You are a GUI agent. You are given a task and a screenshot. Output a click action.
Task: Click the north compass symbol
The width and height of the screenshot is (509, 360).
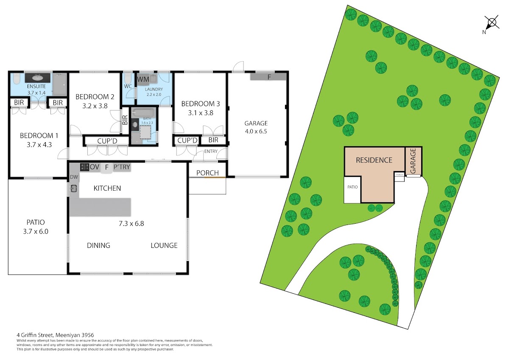pos(492,23)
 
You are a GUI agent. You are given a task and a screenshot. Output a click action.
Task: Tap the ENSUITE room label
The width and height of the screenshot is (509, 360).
pos(36,87)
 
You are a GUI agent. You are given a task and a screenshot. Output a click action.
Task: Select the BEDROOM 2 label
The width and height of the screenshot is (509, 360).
pos(95,97)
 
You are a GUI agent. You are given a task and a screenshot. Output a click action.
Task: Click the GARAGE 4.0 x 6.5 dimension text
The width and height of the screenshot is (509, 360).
pos(256,132)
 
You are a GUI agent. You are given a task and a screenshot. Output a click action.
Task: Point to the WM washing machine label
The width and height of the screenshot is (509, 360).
pos(143,79)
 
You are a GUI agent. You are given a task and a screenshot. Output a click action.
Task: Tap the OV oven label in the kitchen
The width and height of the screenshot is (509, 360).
pos(95,167)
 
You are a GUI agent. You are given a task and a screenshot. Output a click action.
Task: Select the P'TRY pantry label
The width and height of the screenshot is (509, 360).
pos(122,167)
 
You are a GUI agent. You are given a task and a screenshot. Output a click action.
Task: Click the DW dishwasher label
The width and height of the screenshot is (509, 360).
pos(74,177)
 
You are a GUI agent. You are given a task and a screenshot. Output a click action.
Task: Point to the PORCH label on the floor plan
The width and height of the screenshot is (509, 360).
pos(207,173)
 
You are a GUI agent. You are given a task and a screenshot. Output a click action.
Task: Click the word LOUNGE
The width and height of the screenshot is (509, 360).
pos(164,245)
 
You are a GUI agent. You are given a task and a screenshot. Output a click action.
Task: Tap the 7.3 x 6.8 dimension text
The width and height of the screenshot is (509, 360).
pos(131,224)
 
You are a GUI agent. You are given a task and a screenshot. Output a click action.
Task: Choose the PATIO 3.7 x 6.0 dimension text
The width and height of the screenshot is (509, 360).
pos(36,231)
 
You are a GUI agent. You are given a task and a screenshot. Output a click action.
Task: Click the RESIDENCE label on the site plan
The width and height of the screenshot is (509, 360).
pos(374,160)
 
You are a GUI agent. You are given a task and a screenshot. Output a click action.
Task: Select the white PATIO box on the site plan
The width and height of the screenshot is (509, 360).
pos(352,190)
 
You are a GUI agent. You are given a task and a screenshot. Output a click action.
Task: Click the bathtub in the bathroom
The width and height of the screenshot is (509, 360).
pos(144,113)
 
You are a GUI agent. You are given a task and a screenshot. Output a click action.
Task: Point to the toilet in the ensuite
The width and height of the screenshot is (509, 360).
pos(17,78)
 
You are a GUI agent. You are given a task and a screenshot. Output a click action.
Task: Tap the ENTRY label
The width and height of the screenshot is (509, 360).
pos(211,151)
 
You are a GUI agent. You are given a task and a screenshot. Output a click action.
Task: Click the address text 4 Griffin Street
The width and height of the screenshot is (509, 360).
pos(34,335)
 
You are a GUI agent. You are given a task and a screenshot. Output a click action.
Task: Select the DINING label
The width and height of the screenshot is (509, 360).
pos(98,245)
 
